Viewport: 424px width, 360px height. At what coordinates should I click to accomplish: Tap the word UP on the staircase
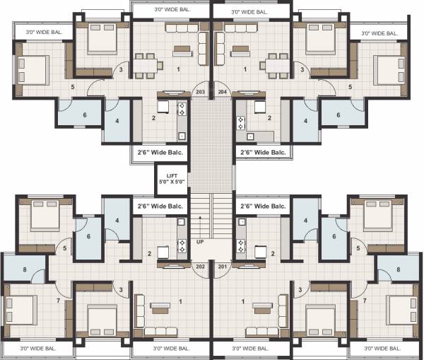201,242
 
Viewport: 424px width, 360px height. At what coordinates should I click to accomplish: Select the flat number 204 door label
222,92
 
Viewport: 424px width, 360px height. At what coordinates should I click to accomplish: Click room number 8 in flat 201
399,269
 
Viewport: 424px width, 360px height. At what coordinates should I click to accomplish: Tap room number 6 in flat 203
85,115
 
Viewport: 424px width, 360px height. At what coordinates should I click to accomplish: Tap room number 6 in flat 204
338,115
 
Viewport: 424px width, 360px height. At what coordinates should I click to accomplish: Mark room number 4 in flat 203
117,121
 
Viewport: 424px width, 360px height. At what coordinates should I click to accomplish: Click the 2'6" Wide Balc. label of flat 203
160,152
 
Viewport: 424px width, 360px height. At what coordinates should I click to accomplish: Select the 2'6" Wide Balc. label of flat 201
263,206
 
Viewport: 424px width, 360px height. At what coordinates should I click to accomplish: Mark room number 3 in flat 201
300,289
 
